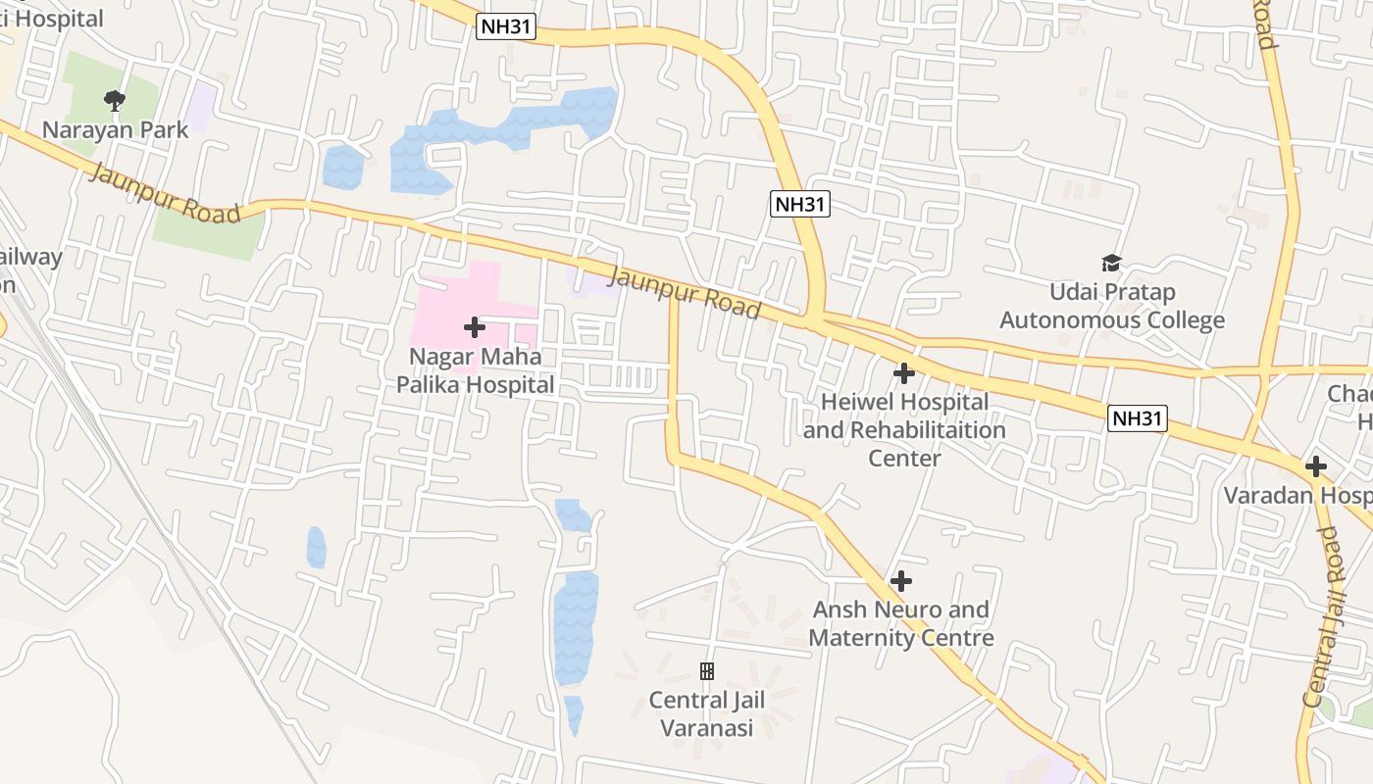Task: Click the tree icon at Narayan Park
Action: coord(115,99)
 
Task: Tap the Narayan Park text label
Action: coord(115,129)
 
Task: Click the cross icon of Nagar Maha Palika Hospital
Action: coord(475,327)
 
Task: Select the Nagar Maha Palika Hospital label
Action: coord(476,370)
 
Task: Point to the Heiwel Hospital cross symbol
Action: coord(904,373)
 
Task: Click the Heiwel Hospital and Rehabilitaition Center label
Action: coord(904,429)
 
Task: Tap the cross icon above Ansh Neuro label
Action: coord(901,581)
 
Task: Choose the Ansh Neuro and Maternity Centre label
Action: coord(901,623)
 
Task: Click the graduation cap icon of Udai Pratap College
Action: coord(1111,263)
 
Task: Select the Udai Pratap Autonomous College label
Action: coord(1112,306)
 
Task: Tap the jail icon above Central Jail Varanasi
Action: coord(706,671)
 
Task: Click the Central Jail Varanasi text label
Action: coord(706,714)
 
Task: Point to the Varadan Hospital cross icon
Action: coord(1316,466)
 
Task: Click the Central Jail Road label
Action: coord(1322,617)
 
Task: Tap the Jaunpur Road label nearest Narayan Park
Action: coord(165,192)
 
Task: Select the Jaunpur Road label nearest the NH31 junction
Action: coord(686,291)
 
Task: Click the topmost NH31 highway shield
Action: coord(507,27)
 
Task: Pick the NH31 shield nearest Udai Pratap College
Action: coord(1138,418)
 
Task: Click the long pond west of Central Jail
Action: coord(575,627)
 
